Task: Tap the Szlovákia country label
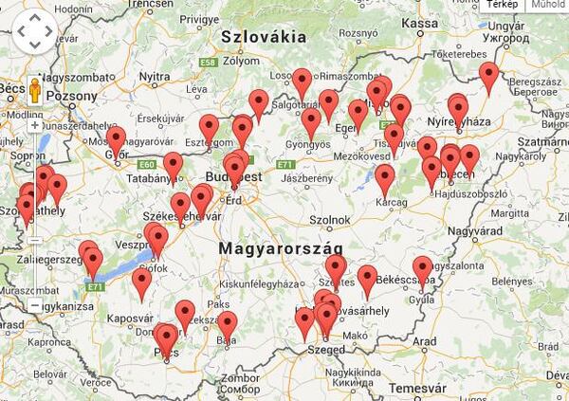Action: (264, 37)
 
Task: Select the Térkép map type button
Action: (504, 5)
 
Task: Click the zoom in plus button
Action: (35, 124)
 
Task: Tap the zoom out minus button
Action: (35, 306)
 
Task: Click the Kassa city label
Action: (420, 23)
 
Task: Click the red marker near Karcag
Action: (384, 177)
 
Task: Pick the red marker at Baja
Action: (227, 324)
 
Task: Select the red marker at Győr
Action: (116, 140)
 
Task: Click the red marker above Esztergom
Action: (209, 127)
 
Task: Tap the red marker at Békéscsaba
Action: (423, 269)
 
